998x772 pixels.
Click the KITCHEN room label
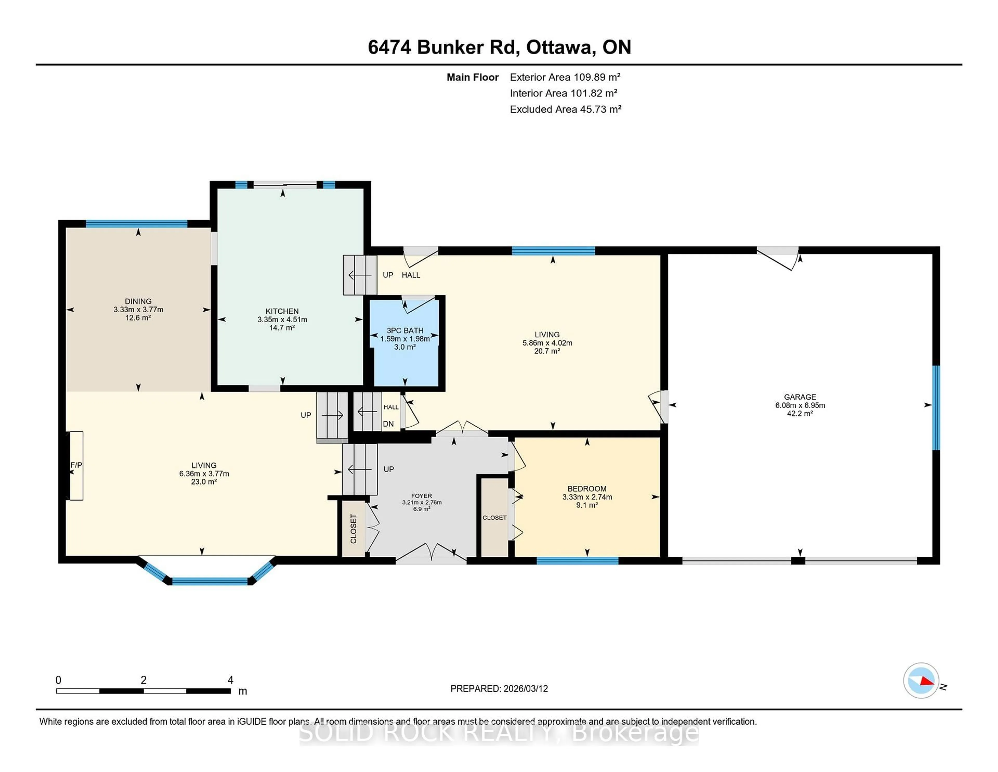coord(282,311)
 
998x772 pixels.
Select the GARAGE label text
coord(800,397)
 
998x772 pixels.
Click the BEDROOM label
coord(587,488)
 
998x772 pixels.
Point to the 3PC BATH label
coord(405,330)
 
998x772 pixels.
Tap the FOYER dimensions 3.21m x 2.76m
coord(421,502)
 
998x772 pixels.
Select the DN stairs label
coord(388,424)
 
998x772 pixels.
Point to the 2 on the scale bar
coord(143,680)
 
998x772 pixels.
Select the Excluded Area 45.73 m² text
coord(565,109)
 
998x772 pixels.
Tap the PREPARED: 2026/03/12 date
coord(499,689)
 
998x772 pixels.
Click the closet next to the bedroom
coord(494,517)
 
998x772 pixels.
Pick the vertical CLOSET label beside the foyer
coord(353,529)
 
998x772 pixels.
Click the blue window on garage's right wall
coord(936,408)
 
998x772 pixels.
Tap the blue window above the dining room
coord(137,224)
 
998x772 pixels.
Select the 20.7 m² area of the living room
coord(547,351)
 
